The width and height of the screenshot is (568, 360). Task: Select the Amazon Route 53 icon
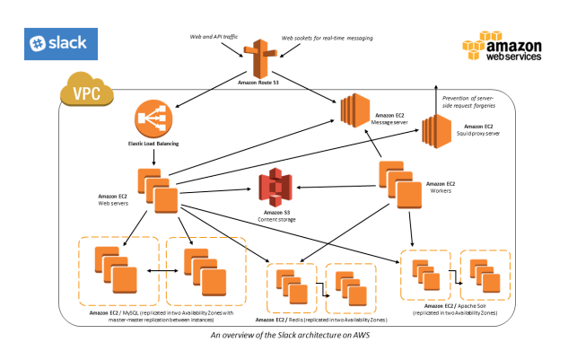(261, 58)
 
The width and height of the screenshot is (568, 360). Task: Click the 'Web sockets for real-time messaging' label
(327, 39)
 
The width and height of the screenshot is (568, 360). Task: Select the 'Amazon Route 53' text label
(262, 83)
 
